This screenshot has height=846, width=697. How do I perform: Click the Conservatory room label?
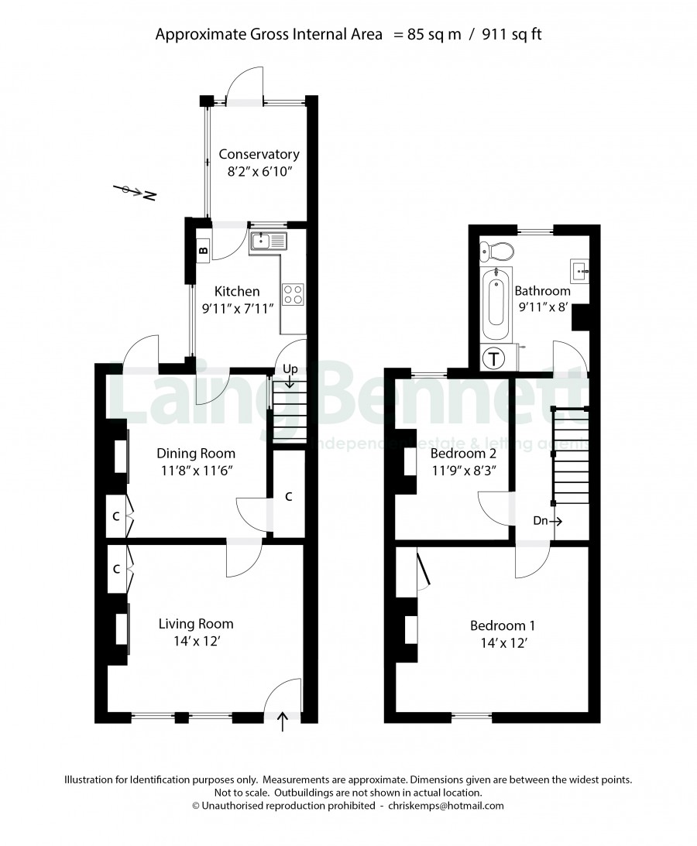259,154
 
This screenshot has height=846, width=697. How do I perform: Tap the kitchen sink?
268,241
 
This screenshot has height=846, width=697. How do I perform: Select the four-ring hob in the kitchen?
294,294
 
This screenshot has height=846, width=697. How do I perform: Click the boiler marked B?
203,250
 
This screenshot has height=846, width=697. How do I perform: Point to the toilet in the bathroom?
496,250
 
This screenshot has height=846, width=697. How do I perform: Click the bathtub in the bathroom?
495,303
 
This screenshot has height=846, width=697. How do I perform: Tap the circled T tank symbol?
493,358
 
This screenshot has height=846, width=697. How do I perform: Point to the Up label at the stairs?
290,369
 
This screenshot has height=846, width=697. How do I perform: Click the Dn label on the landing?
541,521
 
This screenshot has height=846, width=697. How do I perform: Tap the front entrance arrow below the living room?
283,721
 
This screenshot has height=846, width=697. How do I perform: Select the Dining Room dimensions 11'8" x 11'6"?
197,471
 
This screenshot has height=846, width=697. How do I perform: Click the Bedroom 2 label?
463,454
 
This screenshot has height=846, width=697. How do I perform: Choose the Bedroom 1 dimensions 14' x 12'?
503,643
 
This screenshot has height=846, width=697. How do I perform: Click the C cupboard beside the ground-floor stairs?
288,496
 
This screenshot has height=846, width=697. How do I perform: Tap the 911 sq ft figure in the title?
511,35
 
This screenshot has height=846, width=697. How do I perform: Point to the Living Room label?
196,625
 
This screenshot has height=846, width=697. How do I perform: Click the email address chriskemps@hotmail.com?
446,806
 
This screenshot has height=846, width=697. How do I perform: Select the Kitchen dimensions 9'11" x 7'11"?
238,309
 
